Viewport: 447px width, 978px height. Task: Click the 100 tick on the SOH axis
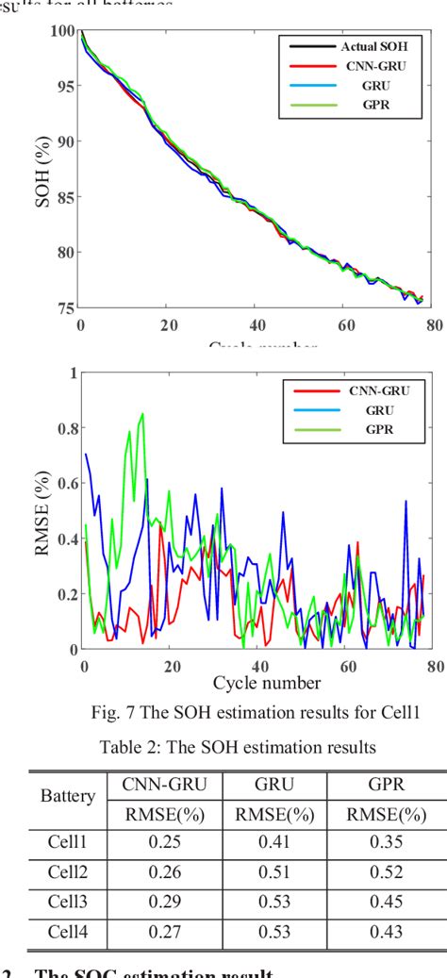62,31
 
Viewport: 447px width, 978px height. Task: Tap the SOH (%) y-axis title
42,170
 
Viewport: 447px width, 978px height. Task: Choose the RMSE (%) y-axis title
42,511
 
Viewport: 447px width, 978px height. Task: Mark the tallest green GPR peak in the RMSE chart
142,414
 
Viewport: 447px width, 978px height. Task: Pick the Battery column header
67,796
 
